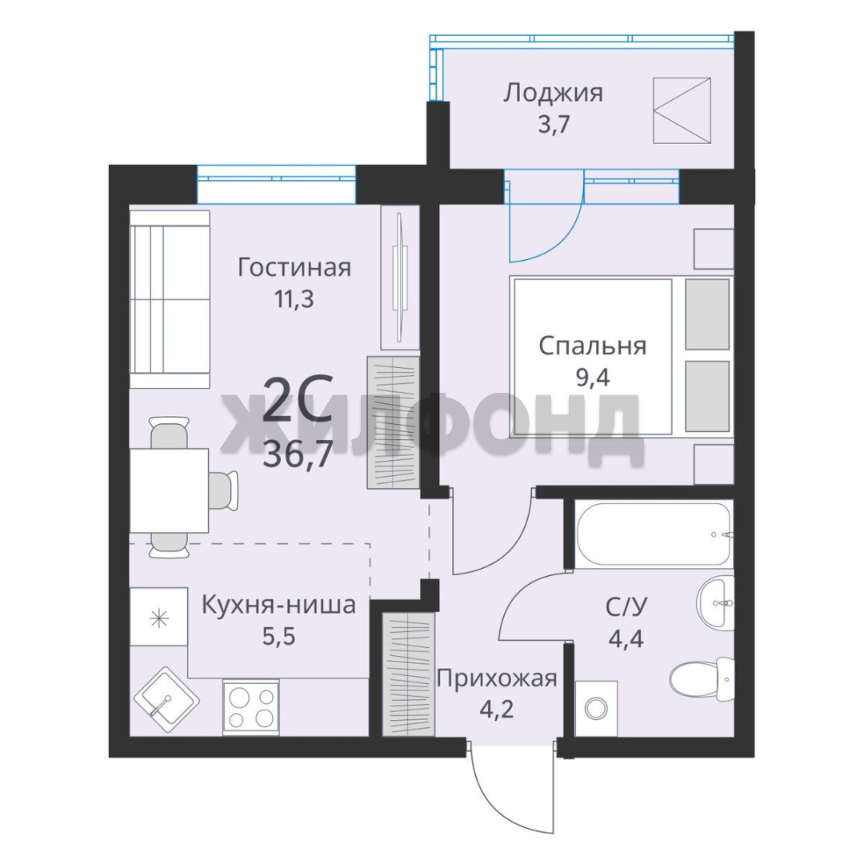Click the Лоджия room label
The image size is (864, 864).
553,93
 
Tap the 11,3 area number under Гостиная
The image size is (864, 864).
294,299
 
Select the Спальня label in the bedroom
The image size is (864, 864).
592,346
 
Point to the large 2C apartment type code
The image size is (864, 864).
298,398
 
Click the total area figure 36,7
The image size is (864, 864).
298,455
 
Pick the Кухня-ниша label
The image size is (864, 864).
279,605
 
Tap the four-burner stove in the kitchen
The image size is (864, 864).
250,707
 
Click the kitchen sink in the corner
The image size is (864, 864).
166,701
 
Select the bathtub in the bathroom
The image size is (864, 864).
654,534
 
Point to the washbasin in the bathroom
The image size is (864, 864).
716,602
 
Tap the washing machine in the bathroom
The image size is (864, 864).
596,709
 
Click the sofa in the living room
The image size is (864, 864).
170,299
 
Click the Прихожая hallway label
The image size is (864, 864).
497,678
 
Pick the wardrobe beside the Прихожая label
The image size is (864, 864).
409,674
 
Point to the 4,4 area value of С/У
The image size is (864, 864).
626,638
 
